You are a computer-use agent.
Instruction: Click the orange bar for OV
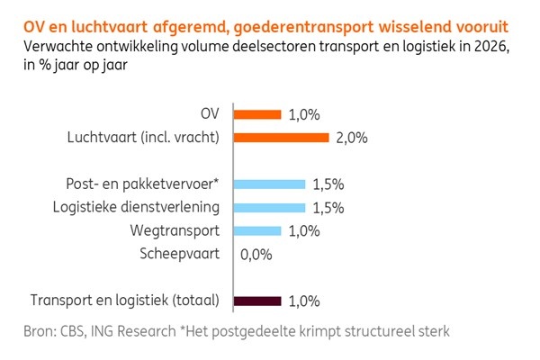[x=258, y=114]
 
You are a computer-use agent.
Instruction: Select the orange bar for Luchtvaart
[x=282, y=138]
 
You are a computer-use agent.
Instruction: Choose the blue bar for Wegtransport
[x=258, y=230]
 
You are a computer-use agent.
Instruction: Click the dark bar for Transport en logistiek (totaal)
[x=258, y=301]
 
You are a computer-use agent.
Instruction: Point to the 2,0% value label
[x=351, y=139]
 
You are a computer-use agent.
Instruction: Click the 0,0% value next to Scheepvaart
[x=257, y=255]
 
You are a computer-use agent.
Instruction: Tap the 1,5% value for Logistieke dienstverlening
[x=328, y=208]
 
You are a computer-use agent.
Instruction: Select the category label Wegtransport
[x=178, y=230]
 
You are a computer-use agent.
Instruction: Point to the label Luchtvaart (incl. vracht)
[x=144, y=138]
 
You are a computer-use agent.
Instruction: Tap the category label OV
[x=211, y=114]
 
